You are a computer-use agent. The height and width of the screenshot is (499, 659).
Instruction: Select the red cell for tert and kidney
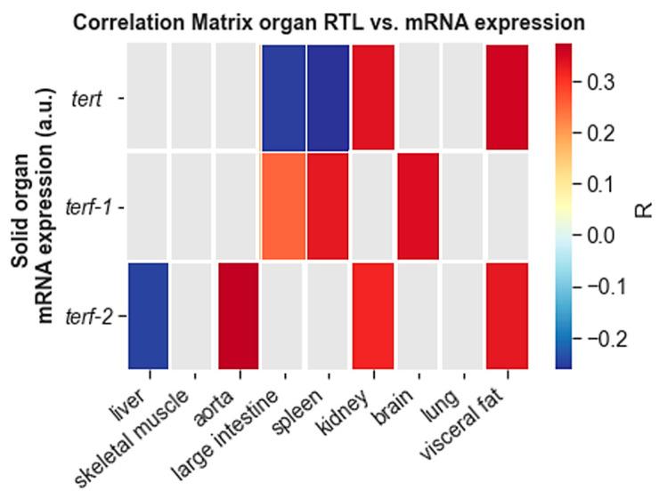(373, 96)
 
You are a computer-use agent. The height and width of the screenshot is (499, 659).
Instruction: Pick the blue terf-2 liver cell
(148, 316)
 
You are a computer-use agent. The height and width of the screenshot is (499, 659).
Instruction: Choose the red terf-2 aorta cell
(238, 316)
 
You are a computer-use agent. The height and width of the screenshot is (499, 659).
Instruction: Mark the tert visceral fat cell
(507, 96)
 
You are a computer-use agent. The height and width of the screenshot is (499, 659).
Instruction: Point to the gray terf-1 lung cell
(462, 206)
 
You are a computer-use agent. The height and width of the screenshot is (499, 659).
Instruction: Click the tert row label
(87, 97)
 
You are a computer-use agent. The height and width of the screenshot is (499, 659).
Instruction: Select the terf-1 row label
(87, 207)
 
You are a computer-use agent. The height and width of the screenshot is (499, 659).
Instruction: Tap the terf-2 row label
(87, 317)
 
